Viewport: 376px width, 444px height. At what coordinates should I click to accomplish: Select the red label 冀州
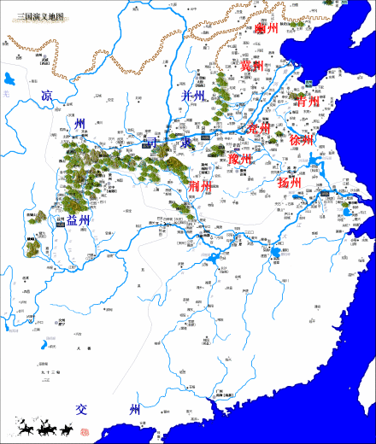coord(252,66)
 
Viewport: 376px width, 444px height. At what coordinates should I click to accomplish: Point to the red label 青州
coord(308,102)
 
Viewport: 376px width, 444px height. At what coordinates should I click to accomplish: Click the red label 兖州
coord(258,129)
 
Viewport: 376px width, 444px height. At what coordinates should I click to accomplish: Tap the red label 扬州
coord(290,183)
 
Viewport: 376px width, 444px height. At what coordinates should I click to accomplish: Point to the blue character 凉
coord(47,96)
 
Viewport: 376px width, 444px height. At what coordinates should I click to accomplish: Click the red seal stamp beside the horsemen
coord(84,431)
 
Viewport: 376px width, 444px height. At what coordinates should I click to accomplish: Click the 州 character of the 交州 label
coord(134,411)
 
